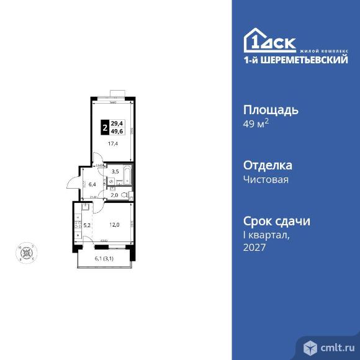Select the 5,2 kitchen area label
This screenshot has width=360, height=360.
[88, 225]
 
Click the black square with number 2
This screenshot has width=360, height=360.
[104, 128]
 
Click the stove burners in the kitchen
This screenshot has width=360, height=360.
[77, 226]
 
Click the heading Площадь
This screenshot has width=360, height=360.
[270, 110]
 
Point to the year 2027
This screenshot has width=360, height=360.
[254, 247]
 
